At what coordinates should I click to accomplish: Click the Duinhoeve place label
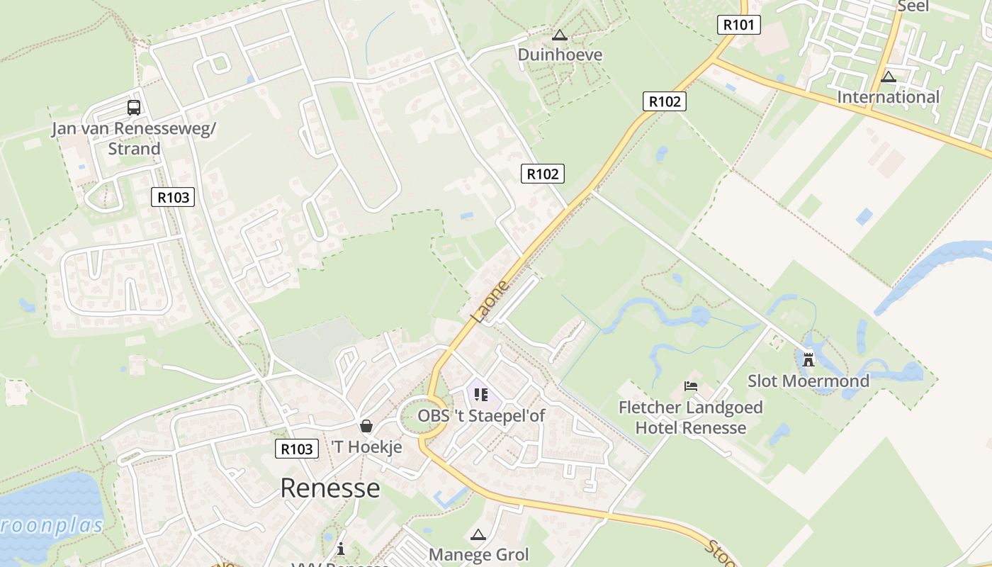coord(560,55)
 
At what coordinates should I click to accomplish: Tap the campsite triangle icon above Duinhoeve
coord(560,35)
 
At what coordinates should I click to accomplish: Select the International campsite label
coord(888,97)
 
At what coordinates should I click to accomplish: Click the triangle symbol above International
coord(888,77)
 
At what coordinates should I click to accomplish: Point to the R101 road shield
coord(738,25)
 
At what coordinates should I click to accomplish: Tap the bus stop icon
coord(134,108)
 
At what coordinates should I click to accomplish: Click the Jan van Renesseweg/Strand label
coord(134,139)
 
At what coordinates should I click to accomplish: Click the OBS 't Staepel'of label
coord(481,415)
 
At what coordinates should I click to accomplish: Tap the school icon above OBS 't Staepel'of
coord(481,395)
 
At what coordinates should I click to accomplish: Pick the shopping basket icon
coord(366,426)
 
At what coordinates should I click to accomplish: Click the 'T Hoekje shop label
coord(366,447)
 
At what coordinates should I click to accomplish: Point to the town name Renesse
coord(329,488)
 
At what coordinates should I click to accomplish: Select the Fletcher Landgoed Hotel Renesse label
coord(690,417)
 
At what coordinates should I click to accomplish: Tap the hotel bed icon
coord(691,386)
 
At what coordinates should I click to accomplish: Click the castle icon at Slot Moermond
coord(808,359)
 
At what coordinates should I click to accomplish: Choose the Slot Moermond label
coord(808,381)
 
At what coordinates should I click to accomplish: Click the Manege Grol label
coord(478,554)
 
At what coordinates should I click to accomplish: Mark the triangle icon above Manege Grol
coord(478,534)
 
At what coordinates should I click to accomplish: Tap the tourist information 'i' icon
coord(341,549)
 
